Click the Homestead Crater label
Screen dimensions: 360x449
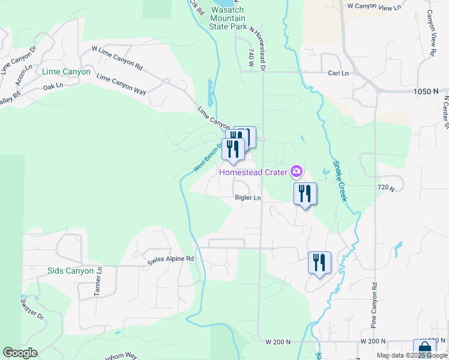tap(253, 173)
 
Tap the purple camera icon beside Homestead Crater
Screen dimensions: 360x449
tap(296, 172)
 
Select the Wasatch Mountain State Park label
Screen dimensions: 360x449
tap(229, 19)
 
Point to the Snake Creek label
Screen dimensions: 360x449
tap(340, 179)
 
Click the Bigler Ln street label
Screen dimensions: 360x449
tap(248, 197)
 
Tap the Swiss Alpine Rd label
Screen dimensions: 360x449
tap(171, 259)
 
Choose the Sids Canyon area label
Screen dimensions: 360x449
tap(71, 271)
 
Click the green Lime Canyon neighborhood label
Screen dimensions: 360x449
tap(67, 72)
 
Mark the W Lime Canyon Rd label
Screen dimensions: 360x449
tap(117, 57)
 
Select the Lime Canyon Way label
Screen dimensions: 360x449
tap(121, 85)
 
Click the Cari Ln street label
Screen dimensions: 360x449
tap(338, 73)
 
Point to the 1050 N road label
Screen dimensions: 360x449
tap(426, 91)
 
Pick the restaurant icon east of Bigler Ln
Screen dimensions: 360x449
tap(305, 194)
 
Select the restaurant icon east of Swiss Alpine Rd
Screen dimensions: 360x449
tap(319, 262)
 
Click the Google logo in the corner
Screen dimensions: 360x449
tap(20, 353)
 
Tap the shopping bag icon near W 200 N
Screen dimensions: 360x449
tap(424, 349)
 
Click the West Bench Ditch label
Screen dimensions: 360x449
tap(209, 156)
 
